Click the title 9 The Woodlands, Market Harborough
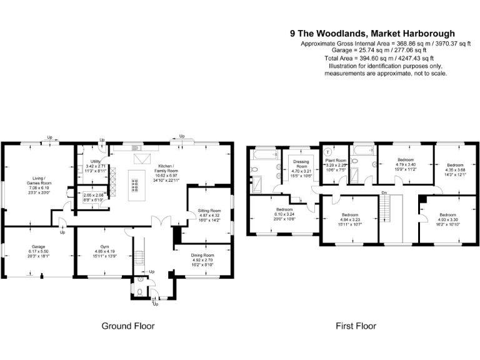(372, 34)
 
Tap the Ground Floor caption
(127, 326)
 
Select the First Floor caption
(356, 326)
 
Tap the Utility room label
(96, 161)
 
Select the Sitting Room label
(210, 211)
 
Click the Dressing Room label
(301, 164)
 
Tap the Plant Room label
(337, 161)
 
